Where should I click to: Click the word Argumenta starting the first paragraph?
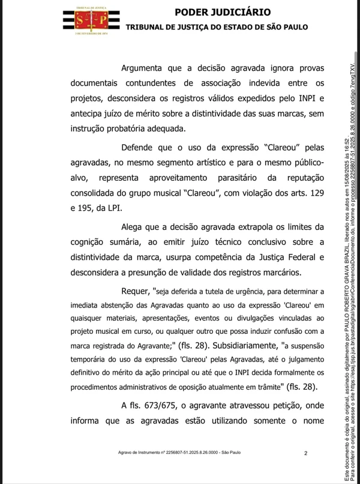tap(146, 68)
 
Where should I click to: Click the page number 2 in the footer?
tap(306, 453)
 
